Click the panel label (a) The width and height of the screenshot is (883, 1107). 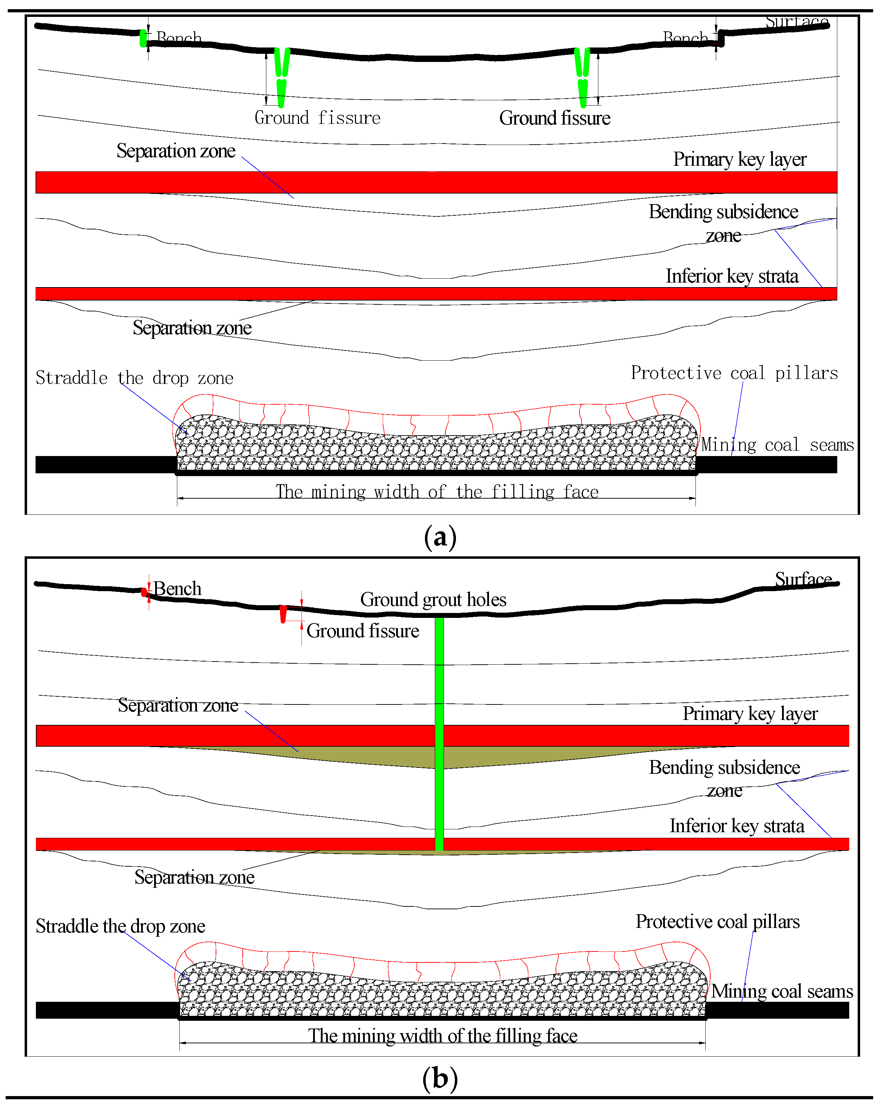440,538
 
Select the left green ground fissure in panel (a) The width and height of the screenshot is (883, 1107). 281,77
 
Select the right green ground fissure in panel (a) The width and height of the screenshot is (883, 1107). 582,77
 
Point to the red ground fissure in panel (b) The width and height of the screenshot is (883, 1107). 283,614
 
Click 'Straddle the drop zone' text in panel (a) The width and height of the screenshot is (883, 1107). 134,378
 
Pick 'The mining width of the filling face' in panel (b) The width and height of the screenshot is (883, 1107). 443,1036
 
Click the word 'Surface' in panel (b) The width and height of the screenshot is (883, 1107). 803,579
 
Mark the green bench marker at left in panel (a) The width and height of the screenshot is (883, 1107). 143,38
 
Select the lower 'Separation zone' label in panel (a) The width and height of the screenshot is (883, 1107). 192,328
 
